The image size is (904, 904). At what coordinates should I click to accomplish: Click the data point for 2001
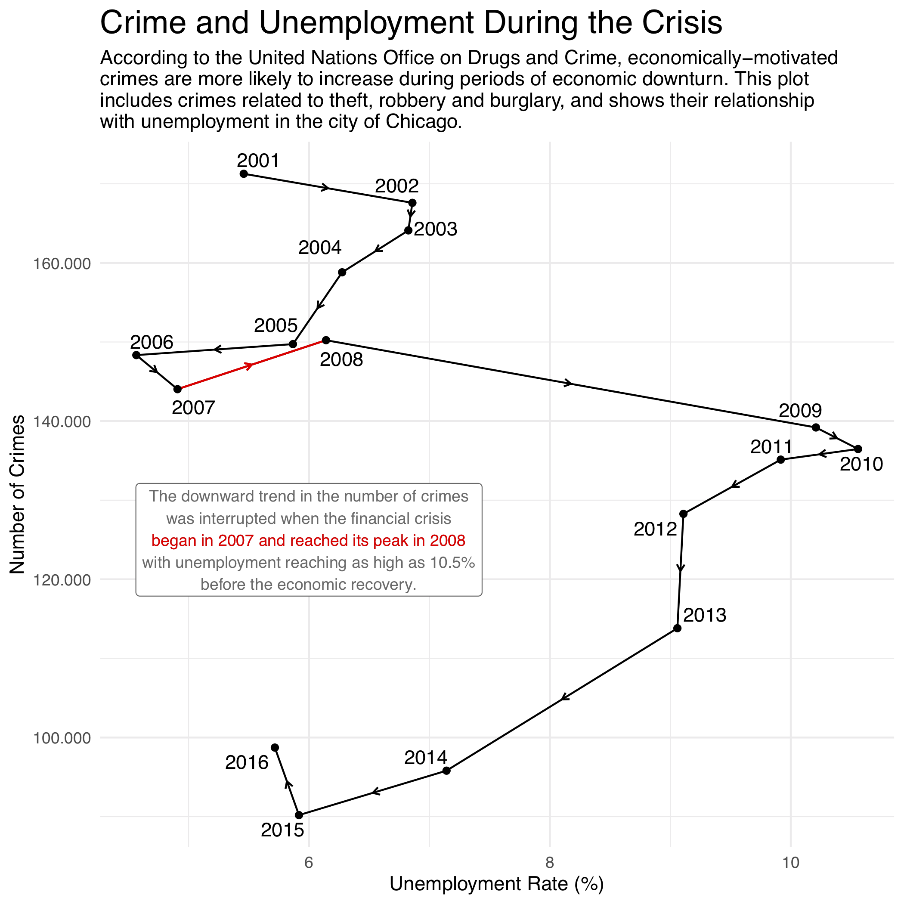[x=244, y=174]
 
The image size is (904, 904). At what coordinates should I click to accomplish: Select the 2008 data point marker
[x=326, y=340]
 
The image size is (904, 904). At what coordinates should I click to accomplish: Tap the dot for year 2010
[x=858, y=449]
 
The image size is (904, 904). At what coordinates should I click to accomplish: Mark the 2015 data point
[x=299, y=815]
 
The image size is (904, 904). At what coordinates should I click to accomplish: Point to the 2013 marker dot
[x=677, y=628]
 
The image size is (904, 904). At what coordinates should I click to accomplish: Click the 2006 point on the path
[x=136, y=355]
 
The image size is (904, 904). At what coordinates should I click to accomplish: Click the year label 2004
[x=319, y=248]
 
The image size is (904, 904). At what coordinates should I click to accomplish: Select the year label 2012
[x=655, y=529]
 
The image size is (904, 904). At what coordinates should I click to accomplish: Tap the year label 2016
[x=247, y=763]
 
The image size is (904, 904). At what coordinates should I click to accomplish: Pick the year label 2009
[x=800, y=411]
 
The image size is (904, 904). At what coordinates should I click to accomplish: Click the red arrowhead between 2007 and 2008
[x=249, y=365]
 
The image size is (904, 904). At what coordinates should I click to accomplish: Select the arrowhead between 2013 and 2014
[x=565, y=698]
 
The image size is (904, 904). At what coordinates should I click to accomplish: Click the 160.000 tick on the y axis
[x=61, y=263]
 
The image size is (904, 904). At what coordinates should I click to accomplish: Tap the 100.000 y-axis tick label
[x=61, y=738]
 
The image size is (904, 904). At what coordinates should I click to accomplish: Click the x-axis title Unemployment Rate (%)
[x=496, y=884]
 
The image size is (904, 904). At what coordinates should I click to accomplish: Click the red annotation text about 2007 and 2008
[x=308, y=541]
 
